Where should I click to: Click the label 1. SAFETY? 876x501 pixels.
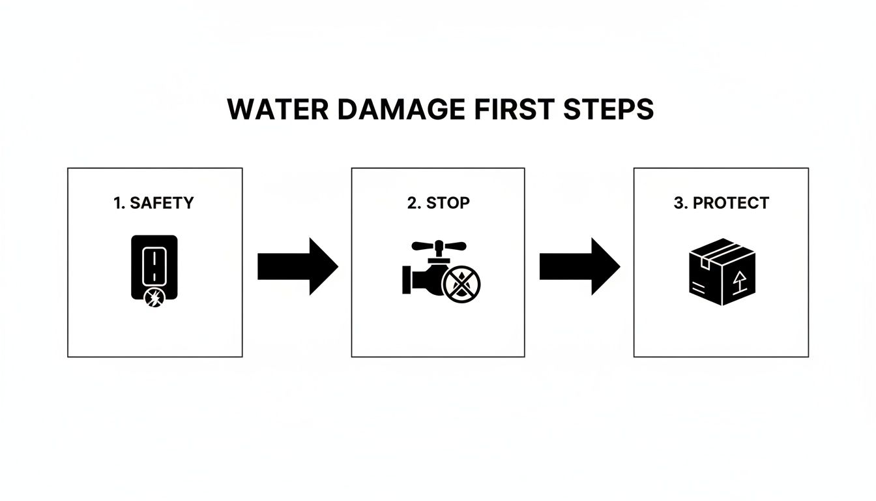point(154,203)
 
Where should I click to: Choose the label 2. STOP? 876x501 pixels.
point(438,203)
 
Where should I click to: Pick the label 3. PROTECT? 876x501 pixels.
point(721,203)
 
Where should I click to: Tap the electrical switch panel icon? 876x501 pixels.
point(154,264)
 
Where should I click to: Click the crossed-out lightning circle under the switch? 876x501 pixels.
point(154,299)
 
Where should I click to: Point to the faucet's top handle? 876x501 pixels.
point(439,246)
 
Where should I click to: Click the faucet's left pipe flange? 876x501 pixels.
point(406,277)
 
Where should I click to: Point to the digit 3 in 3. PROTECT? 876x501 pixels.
point(677,203)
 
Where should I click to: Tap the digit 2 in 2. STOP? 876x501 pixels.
point(411,203)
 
